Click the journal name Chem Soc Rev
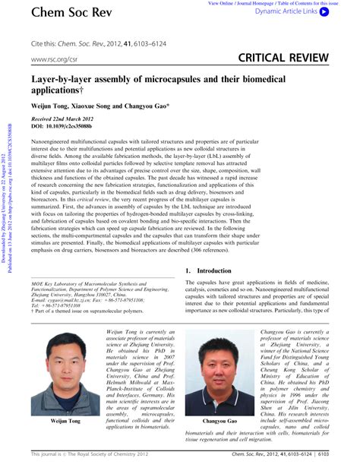coord(65,13)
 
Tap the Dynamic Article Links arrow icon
coord(324,13)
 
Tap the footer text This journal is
coord(46,454)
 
